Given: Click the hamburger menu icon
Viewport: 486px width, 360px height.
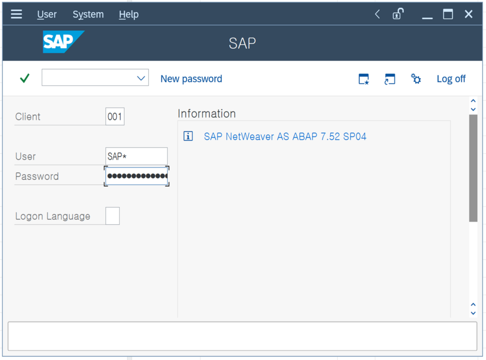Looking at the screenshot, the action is [x=17, y=14].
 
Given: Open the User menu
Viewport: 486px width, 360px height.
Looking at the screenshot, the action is [x=47, y=14].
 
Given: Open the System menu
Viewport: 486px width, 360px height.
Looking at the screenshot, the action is [x=88, y=14].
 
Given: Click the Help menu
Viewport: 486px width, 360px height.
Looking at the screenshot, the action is [x=129, y=14].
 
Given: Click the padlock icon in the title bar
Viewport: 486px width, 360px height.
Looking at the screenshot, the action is [x=398, y=14].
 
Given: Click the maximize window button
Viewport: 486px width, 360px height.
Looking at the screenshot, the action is [x=448, y=14].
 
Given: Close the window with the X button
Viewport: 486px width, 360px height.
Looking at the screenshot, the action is [x=468, y=14].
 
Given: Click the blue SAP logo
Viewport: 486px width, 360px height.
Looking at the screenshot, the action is [x=64, y=42].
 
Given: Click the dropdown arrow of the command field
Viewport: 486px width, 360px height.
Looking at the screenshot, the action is [x=141, y=78].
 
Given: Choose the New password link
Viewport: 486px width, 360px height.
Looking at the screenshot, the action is [x=191, y=79].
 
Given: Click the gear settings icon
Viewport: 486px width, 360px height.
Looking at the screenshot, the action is [x=416, y=79].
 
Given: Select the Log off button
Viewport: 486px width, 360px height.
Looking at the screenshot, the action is [x=451, y=79].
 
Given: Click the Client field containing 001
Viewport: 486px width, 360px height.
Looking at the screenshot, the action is [x=115, y=117].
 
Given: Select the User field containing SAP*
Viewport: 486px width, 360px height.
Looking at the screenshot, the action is [x=136, y=156].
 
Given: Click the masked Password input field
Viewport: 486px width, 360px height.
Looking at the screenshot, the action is [x=136, y=176].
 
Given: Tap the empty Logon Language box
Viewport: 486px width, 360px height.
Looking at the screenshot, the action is [x=112, y=216].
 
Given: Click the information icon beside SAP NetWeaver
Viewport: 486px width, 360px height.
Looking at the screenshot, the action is [x=188, y=136].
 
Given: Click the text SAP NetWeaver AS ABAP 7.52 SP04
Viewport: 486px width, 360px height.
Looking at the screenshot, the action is [x=285, y=136].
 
